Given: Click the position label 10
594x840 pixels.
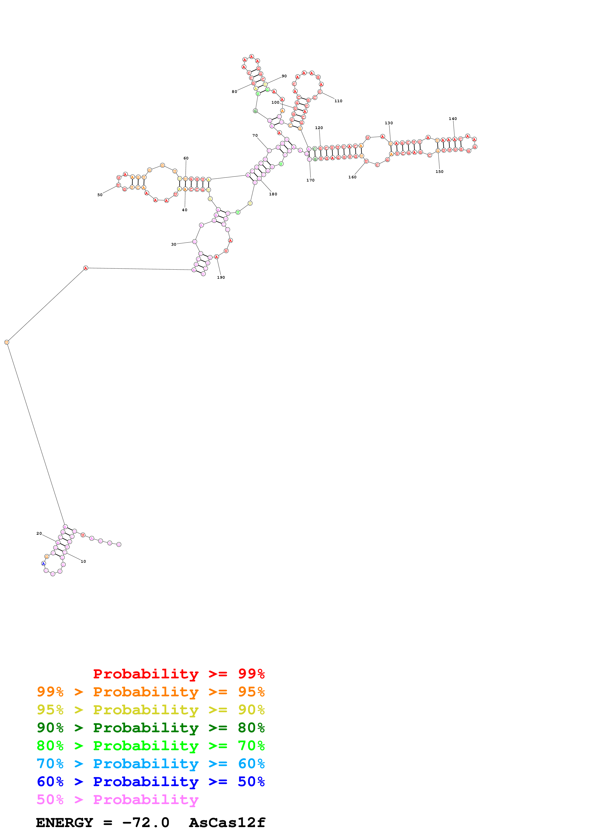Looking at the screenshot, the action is click(83, 561).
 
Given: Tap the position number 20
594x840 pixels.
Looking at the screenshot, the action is click(39, 534).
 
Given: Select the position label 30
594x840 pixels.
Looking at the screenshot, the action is click(174, 244).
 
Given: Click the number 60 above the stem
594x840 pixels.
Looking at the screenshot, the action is click(186, 159).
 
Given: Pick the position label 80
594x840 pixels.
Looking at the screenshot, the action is click(234, 92).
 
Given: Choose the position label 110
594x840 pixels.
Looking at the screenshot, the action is click(339, 101).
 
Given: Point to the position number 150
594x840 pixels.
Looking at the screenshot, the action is click(439, 172).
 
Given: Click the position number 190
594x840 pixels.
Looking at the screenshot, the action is click(221, 277).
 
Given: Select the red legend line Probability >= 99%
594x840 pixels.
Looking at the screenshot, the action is click(179, 674).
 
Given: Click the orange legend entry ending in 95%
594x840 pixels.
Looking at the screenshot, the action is click(150, 692).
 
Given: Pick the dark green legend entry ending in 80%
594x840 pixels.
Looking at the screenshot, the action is click(150, 728).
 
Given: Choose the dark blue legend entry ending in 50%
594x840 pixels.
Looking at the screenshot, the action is click(150, 782).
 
